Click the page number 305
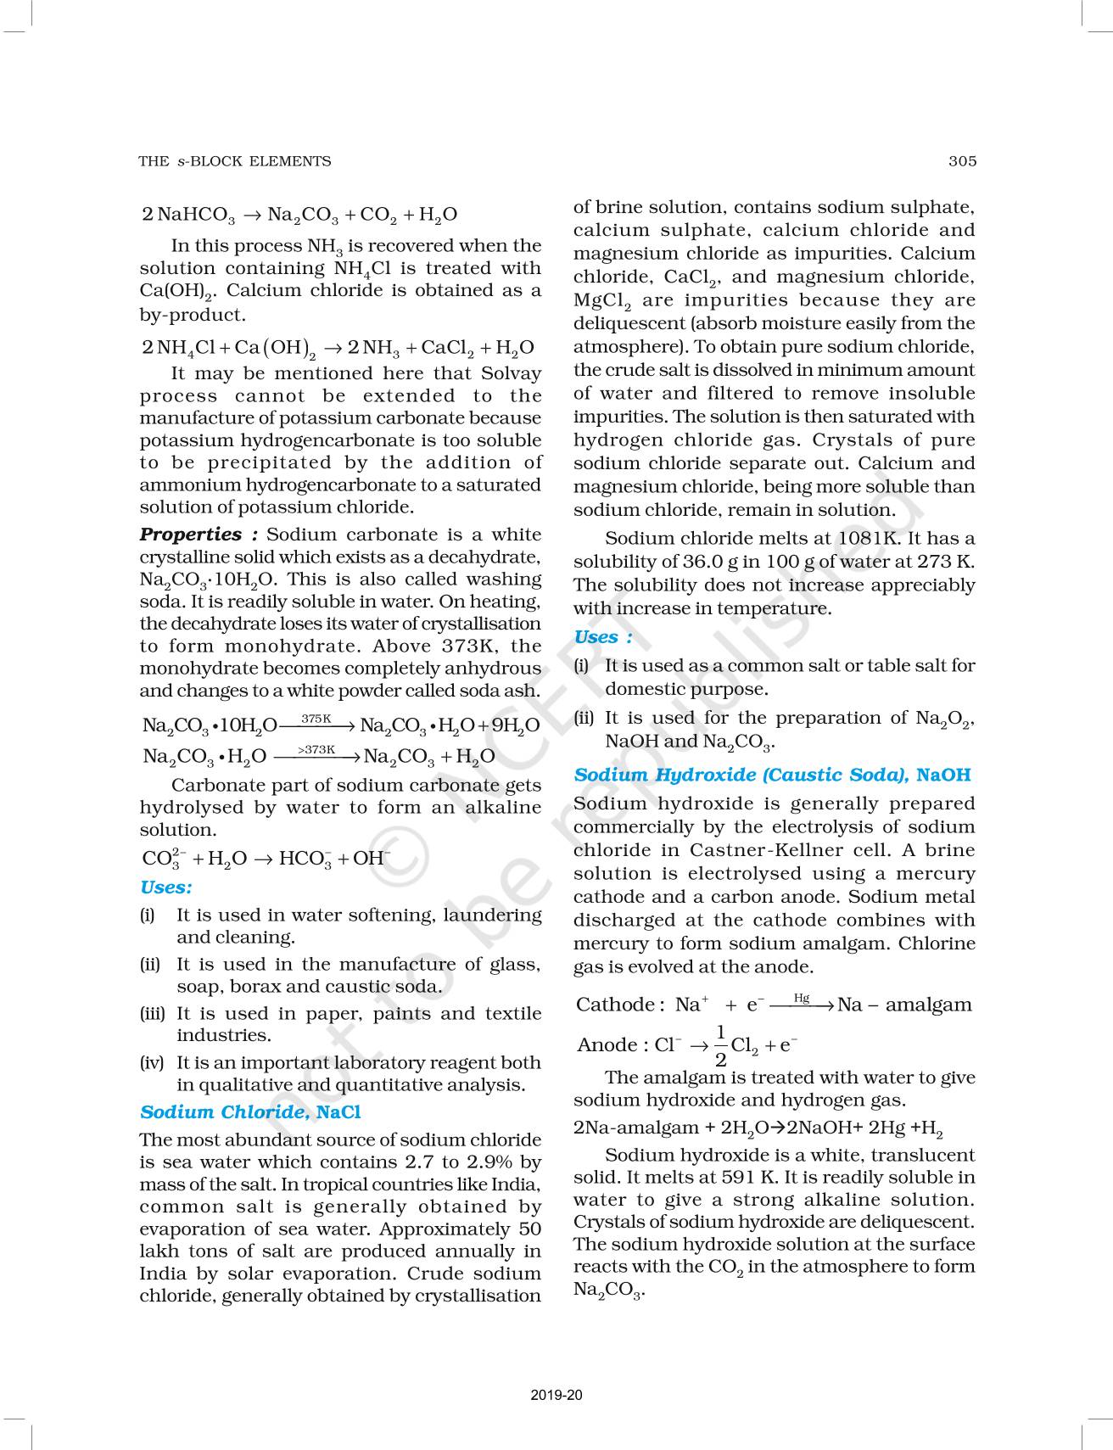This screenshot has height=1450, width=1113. click(x=963, y=161)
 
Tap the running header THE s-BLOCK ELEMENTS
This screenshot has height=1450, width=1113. click(x=235, y=161)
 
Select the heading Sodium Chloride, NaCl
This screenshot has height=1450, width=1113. click(x=250, y=1111)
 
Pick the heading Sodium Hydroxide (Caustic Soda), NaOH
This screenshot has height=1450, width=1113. click(x=772, y=775)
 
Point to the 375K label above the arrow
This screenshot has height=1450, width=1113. click(x=316, y=719)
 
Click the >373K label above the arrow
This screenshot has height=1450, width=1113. click(x=316, y=750)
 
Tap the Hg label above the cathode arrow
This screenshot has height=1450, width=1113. click(x=802, y=998)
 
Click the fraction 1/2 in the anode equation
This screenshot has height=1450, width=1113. click(x=720, y=1045)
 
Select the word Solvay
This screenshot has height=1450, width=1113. click(x=511, y=373)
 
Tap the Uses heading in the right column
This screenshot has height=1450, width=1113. click(x=602, y=637)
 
